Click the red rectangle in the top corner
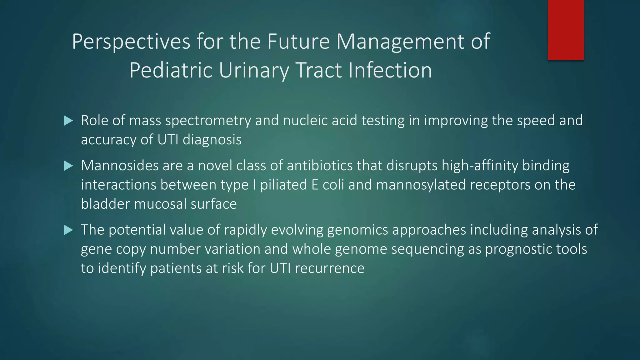(566, 30)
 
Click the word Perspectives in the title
(131, 41)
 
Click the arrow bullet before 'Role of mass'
(68, 121)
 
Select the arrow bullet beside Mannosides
(68, 166)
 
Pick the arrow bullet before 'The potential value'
(68, 230)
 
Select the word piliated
(284, 185)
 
